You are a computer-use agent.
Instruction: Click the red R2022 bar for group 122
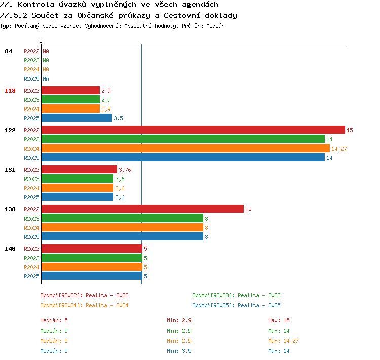(x=193, y=130)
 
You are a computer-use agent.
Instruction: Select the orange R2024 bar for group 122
(x=185, y=148)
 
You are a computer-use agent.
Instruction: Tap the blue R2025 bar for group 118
(x=77, y=118)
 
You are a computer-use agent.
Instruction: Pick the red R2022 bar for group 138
(x=142, y=209)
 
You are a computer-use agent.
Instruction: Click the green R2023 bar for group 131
(x=78, y=178)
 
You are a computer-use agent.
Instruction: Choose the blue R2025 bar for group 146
(x=92, y=276)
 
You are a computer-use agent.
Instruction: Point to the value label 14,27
(x=339, y=149)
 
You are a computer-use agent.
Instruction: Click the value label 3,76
(x=125, y=170)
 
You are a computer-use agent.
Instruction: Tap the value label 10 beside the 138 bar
(x=248, y=209)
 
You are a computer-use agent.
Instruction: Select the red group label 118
(x=10, y=91)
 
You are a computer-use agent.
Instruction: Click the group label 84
(x=8, y=51)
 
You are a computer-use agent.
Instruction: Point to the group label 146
(x=10, y=249)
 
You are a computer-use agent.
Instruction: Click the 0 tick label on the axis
(x=41, y=41)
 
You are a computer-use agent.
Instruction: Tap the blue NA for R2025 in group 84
(x=46, y=79)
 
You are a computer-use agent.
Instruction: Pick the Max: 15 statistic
(x=279, y=320)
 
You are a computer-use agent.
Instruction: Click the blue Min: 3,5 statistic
(x=179, y=351)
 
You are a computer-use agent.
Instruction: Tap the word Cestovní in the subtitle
(x=182, y=15)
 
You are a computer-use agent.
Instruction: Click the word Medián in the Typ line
(x=215, y=26)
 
